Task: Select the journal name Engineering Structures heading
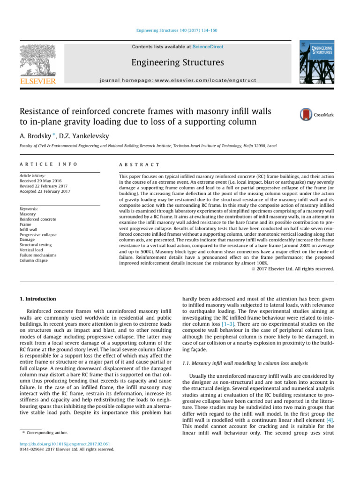(x=177, y=62)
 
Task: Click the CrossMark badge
(x=317, y=114)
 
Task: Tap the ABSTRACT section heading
(x=140, y=165)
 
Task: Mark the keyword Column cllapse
(x=33, y=261)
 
